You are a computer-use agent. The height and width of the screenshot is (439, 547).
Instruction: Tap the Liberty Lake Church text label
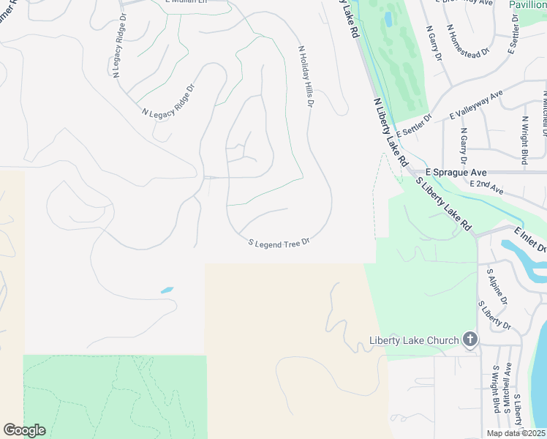(414, 339)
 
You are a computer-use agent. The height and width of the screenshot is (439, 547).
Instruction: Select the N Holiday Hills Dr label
(305, 78)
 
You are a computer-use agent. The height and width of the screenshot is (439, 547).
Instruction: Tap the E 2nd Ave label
(487, 188)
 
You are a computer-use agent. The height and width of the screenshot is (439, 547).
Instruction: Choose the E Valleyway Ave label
(477, 105)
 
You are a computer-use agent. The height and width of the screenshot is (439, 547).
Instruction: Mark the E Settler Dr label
(414, 125)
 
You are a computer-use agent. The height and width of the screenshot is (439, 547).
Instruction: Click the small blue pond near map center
(167, 290)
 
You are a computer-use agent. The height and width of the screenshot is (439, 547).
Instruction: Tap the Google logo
(24, 430)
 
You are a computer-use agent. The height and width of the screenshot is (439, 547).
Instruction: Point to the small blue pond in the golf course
(385, 18)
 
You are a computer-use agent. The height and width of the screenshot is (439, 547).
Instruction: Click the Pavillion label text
(528, 4)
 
